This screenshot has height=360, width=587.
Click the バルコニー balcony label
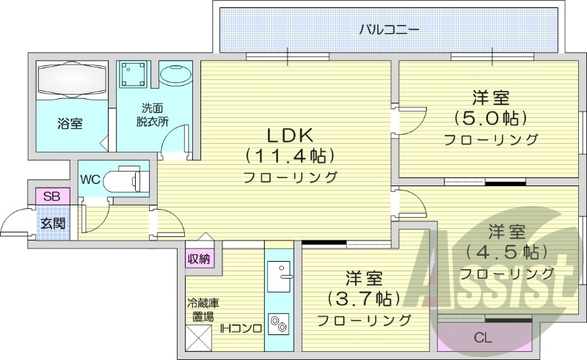tap(389, 31)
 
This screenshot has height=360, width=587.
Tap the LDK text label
tap(290, 135)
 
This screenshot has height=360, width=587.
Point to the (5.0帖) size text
tap(491, 117)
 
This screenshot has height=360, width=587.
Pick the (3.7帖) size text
tap(364, 298)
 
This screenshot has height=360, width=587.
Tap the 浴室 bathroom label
tap(70, 124)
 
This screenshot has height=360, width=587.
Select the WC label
tap(91, 178)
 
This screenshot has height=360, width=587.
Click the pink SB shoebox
tap(51, 196)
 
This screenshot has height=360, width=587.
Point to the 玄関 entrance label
tap(52, 221)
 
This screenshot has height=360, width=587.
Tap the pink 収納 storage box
tap(199, 258)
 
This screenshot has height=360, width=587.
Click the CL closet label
tap(482, 338)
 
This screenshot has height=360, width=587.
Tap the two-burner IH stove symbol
tap(278, 323)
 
